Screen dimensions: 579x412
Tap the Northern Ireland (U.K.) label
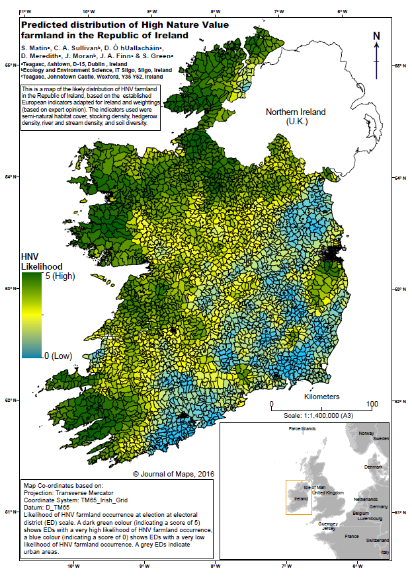[x=296, y=117]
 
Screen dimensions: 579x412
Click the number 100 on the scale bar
[x=372, y=404]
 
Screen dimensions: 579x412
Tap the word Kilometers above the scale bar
[x=322, y=397]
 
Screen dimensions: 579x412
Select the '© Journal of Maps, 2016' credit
[x=173, y=474]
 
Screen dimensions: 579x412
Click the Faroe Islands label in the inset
[x=303, y=429]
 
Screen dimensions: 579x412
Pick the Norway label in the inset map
[x=366, y=434]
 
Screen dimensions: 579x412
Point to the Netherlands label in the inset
[x=366, y=499]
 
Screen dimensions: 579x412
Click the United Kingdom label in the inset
[x=328, y=493]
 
